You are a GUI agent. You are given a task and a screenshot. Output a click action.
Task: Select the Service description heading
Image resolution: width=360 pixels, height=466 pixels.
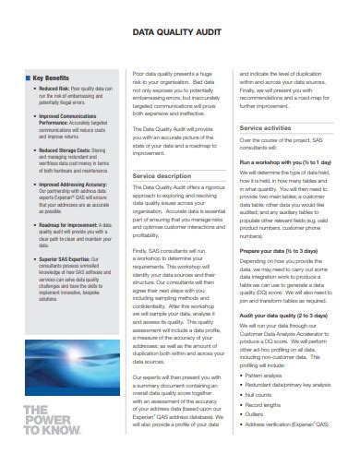tap(163, 173)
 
